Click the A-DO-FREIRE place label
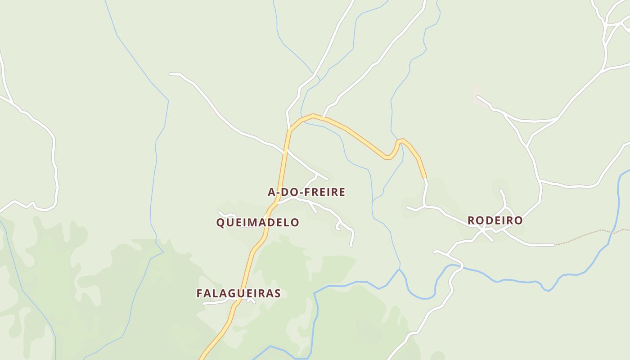pyautogui.click(x=306, y=192)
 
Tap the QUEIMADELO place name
pyautogui.click(x=258, y=222)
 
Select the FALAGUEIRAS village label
pyautogui.click(x=238, y=293)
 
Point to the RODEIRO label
pyautogui.click(x=495, y=220)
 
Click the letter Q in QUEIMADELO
pyautogui.click(x=220, y=222)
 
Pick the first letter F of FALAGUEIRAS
pyautogui.click(x=199, y=293)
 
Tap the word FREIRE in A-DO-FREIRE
pyautogui.click(x=325, y=192)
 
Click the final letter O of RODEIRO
pyautogui.click(x=518, y=220)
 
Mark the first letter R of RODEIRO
pyautogui.click(x=472, y=220)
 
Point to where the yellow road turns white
pyautogui.click(x=425, y=178)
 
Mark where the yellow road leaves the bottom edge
pyautogui.click(x=201, y=359)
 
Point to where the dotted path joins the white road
pyautogui.click(x=555, y=245)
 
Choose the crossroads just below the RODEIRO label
pyautogui.click(x=482, y=230)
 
